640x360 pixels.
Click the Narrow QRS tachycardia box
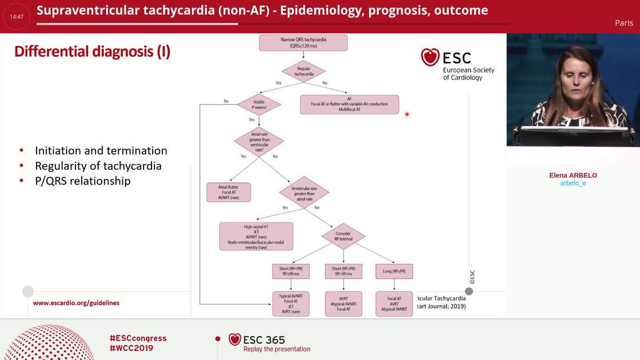pyautogui.click(x=303, y=43)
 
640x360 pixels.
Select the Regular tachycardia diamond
pyautogui.click(x=303, y=71)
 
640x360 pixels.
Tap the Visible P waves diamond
pyautogui.click(x=259, y=105)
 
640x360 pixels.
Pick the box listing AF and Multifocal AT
pyautogui.click(x=349, y=104)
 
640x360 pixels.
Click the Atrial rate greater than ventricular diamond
pyautogui.click(x=259, y=142)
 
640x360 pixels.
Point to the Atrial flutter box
pyautogui.click(x=229, y=192)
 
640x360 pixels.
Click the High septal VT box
pyautogui.click(x=256, y=236)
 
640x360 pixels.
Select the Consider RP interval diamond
pyautogui.click(x=343, y=236)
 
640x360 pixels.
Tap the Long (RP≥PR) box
pyautogui.click(x=394, y=271)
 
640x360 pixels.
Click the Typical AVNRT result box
pyautogui.click(x=291, y=303)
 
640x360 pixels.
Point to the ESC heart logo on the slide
pyautogui.click(x=430, y=57)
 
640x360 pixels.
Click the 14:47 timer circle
pyautogui.click(x=17, y=17)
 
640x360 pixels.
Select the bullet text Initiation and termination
pyautogui.click(x=101, y=151)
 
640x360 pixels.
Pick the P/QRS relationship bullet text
pyautogui.click(x=83, y=181)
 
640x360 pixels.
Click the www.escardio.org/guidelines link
pyautogui.click(x=76, y=303)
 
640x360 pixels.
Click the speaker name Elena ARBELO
pyautogui.click(x=573, y=175)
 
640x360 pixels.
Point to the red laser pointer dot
pyautogui.click(x=407, y=114)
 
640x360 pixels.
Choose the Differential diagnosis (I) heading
pyautogui.click(x=92, y=51)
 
